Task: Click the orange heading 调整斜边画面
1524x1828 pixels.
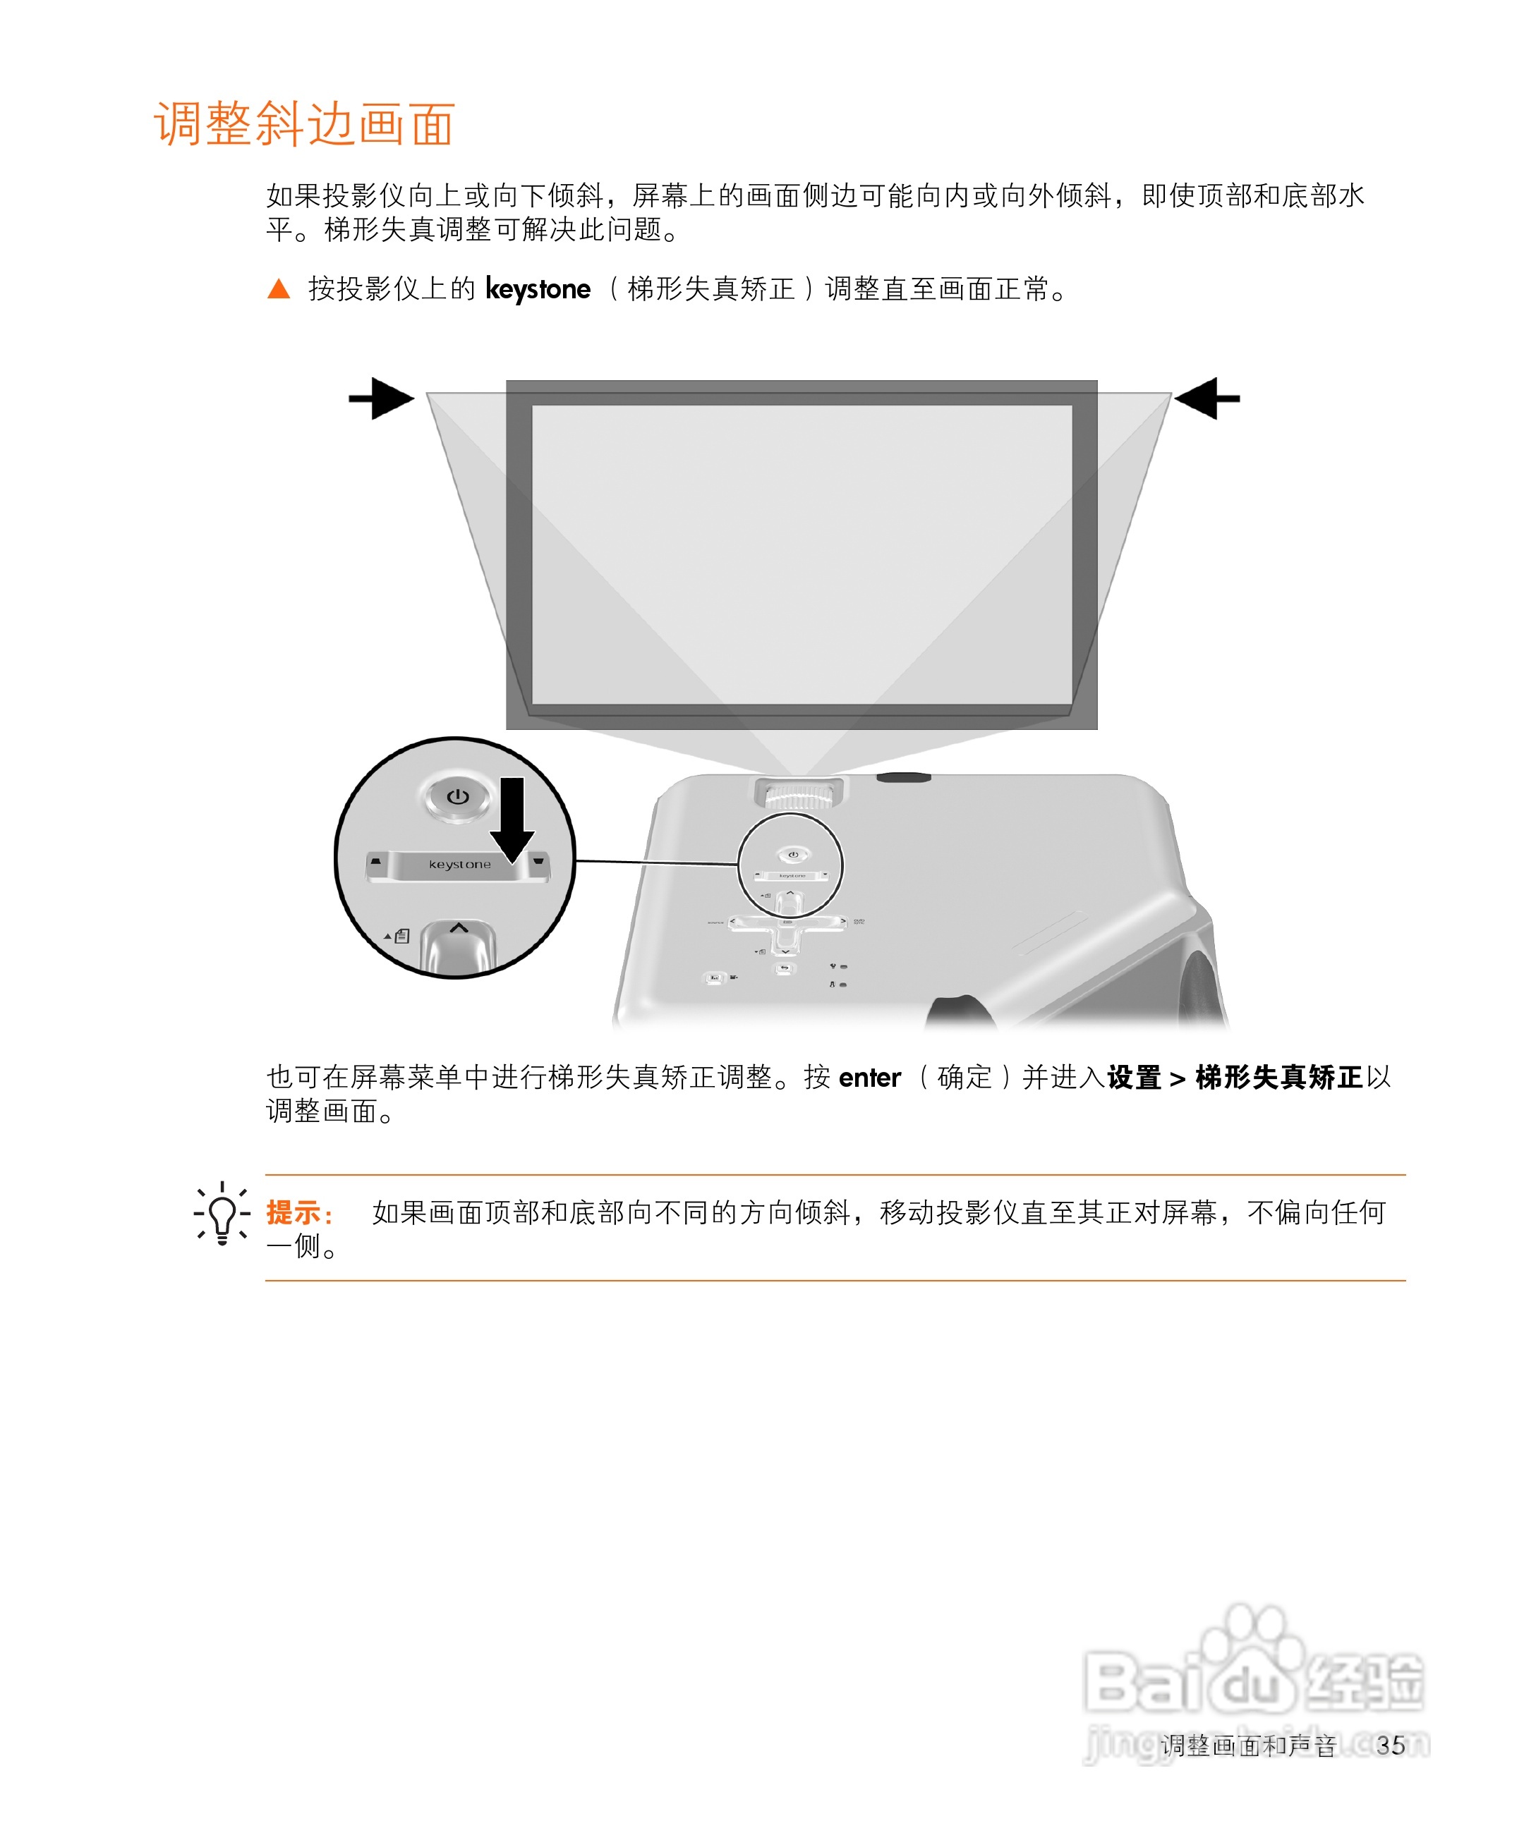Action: click(x=304, y=123)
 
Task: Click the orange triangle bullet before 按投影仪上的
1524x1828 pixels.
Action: click(x=279, y=289)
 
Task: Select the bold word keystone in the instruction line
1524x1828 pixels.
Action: click(x=538, y=289)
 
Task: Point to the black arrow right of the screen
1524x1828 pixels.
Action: click(x=1207, y=398)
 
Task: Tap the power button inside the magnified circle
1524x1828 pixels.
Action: click(x=457, y=796)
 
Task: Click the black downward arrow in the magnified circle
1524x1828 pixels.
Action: click(x=512, y=818)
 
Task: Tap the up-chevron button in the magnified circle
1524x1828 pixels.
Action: click(x=459, y=930)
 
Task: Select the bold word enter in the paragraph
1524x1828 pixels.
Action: click(x=869, y=1078)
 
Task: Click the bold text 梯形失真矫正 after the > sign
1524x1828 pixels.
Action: click(x=1278, y=1078)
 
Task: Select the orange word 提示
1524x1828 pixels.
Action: click(x=294, y=1212)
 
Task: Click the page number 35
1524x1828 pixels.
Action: click(x=1391, y=1745)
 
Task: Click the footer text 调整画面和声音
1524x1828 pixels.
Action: click(x=1248, y=1745)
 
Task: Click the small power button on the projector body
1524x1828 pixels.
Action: click(x=792, y=855)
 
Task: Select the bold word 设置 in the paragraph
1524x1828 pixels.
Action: click(x=1134, y=1078)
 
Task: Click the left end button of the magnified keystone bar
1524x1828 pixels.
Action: click(x=376, y=862)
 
